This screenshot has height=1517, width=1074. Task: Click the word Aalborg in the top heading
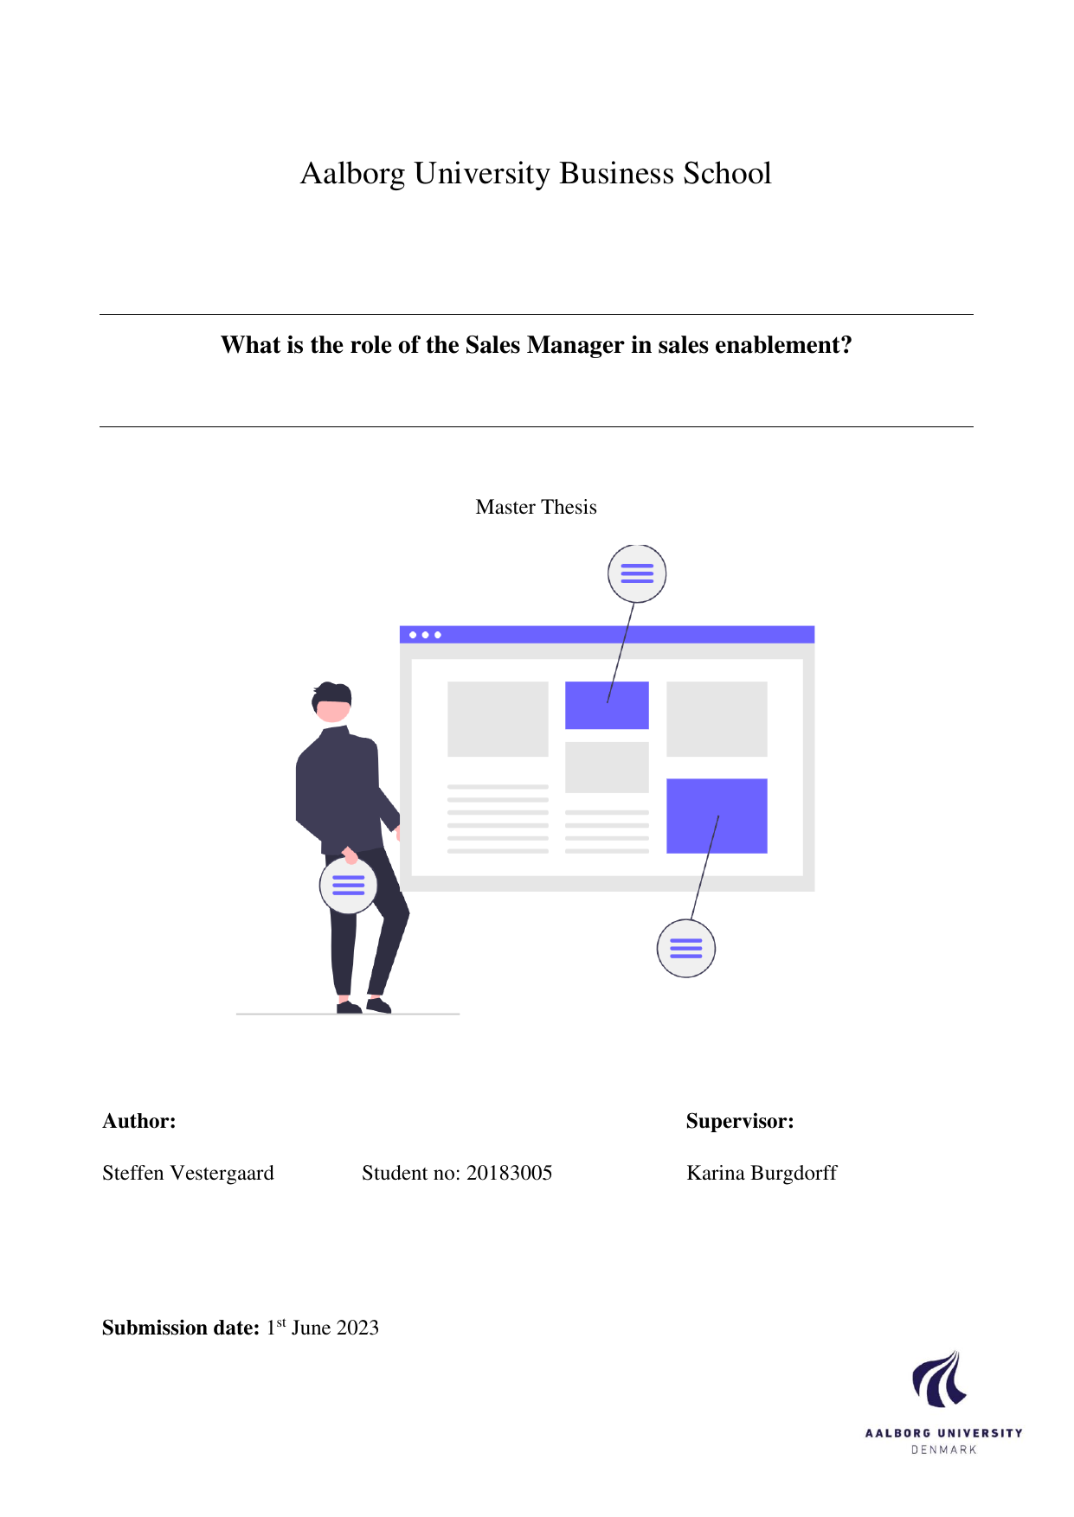(x=352, y=174)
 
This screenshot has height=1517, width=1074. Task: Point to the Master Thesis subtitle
(x=537, y=507)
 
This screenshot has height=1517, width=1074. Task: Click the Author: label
(x=139, y=1121)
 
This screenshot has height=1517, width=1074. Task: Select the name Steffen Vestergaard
(x=188, y=1173)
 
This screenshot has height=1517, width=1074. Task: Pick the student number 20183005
(x=510, y=1173)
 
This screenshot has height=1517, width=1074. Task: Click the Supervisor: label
(x=740, y=1121)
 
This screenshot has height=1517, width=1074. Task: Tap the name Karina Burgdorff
(x=762, y=1173)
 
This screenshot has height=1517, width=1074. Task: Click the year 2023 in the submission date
(x=357, y=1328)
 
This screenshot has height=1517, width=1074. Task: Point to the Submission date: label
(x=181, y=1328)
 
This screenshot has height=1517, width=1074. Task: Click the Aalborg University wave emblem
(x=940, y=1379)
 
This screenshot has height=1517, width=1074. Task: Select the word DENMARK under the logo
(x=944, y=1450)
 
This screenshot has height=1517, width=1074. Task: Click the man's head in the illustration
(x=331, y=701)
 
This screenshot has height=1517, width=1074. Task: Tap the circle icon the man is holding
(x=349, y=885)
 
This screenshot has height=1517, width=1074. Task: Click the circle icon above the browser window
(x=637, y=573)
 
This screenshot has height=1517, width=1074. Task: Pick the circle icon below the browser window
(x=686, y=949)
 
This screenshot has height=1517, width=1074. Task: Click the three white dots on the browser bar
(x=425, y=635)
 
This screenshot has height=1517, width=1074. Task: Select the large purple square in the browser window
(x=717, y=816)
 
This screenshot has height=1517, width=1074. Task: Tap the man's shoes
(x=364, y=1006)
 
